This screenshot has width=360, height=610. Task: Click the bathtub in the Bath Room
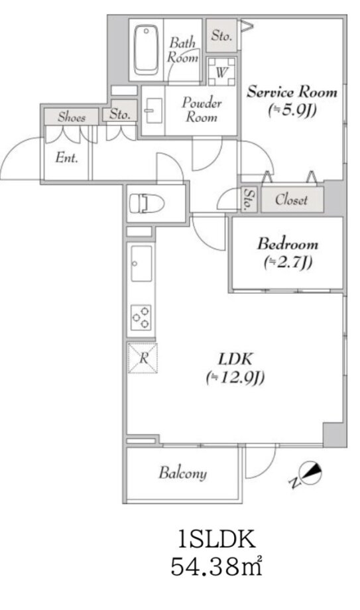(146, 50)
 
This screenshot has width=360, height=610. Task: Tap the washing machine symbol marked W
(221, 72)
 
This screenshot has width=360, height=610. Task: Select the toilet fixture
(147, 203)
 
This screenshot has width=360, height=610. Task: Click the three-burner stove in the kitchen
(141, 317)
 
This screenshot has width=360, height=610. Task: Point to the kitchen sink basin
(141, 263)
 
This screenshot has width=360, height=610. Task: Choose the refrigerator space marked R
(143, 358)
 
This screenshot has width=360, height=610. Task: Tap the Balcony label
(182, 473)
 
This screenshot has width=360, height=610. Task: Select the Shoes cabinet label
(72, 117)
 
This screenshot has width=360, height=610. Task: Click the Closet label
(291, 200)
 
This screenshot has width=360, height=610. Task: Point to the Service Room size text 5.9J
(292, 111)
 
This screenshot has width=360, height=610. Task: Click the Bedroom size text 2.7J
(288, 263)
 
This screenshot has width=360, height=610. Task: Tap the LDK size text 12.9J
(235, 377)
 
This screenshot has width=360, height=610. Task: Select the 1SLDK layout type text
(216, 539)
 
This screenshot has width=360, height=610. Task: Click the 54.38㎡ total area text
(216, 566)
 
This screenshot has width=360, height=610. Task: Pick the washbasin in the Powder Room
(154, 111)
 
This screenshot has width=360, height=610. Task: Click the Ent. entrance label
(67, 158)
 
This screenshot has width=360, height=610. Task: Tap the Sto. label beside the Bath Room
(221, 36)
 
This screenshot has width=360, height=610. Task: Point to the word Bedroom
(288, 244)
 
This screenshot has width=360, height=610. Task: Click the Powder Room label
(202, 109)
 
